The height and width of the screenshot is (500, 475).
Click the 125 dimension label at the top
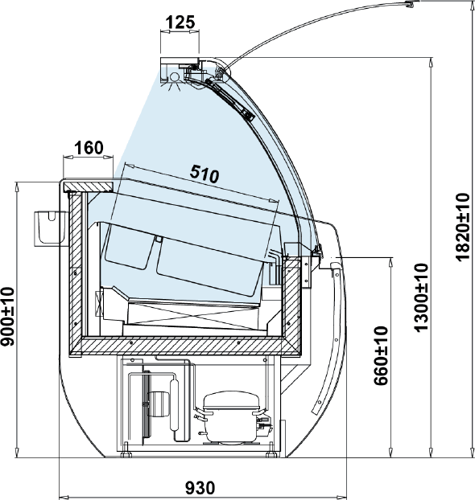tap(180, 23)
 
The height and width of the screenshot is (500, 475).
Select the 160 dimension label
tap(89, 148)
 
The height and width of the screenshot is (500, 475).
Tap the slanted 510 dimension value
tap(204, 174)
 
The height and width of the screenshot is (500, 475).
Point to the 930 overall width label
tap(200, 488)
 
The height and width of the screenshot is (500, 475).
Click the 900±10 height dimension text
tap(8, 317)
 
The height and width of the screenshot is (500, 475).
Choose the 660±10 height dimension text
tap(382, 355)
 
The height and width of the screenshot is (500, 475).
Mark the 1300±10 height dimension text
tap(421, 297)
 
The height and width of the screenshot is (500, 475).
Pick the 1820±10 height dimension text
tap(463, 227)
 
